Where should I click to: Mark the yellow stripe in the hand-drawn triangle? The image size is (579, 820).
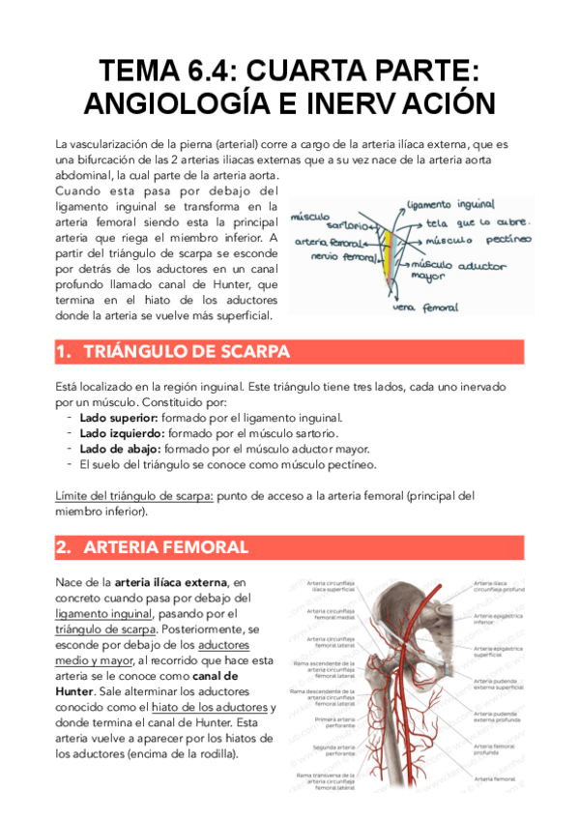386,254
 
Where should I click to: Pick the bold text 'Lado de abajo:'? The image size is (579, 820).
121,449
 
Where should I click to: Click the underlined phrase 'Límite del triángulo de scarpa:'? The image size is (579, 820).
134,496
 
